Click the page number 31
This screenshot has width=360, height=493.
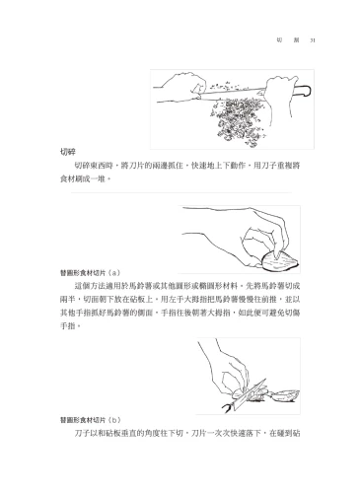click(x=311, y=40)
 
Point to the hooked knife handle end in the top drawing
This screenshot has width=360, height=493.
click(x=307, y=94)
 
